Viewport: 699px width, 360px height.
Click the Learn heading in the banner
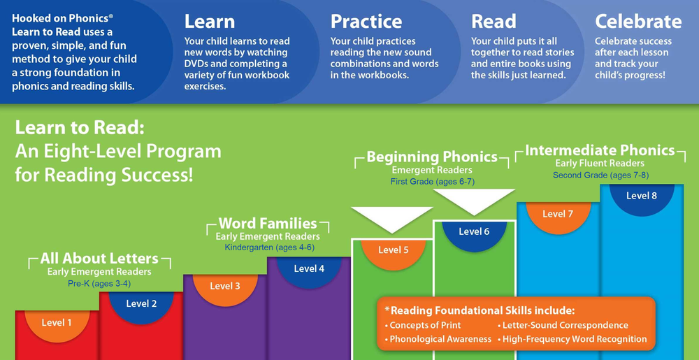pos(210,22)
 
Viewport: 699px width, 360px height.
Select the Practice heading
pos(366,22)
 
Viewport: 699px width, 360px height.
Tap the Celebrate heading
pos(638,22)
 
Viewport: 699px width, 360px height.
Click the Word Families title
pos(268,223)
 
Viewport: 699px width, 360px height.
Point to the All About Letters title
pos(99,259)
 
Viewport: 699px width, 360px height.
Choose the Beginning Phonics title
pos(432,157)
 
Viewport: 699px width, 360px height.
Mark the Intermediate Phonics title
pos(600,150)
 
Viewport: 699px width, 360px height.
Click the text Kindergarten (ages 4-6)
pos(270,247)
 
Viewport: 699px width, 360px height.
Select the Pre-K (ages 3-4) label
pos(99,283)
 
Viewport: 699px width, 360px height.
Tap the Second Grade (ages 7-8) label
pos(600,175)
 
